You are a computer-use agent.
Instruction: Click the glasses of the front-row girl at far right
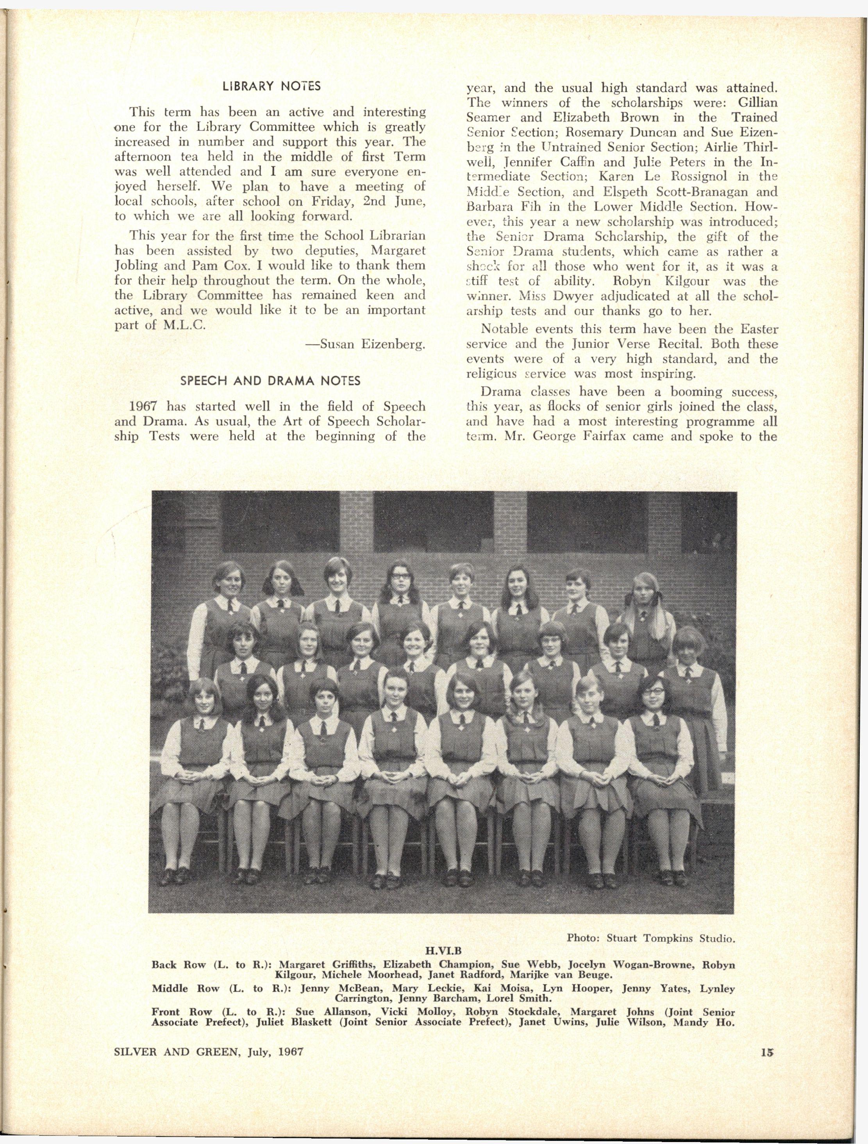[654, 692]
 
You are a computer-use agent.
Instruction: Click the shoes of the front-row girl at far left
[174, 875]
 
